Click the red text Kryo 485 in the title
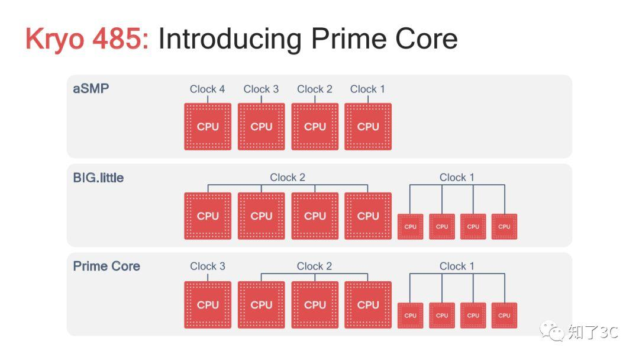coord(87,40)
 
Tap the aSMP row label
coord(91,88)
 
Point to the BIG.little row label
coord(98,178)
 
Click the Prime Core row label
coord(106,266)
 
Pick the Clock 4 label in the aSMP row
coord(207,89)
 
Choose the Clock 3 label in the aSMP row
coord(261,89)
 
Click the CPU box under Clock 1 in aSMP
coord(368,126)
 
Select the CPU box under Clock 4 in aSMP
coord(208,126)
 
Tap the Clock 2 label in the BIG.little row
coord(288,178)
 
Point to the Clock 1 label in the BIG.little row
coord(456,178)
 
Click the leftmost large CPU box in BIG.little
coord(208,216)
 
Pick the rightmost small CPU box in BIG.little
coord(504,227)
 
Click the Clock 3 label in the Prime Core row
coord(208,266)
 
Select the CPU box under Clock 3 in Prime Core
coord(208,304)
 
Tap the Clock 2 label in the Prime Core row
coord(314,266)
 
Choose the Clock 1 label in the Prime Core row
coord(456,266)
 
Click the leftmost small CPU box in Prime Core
coord(411,316)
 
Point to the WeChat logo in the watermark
coord(551,330)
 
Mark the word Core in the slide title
coord(426,38)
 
